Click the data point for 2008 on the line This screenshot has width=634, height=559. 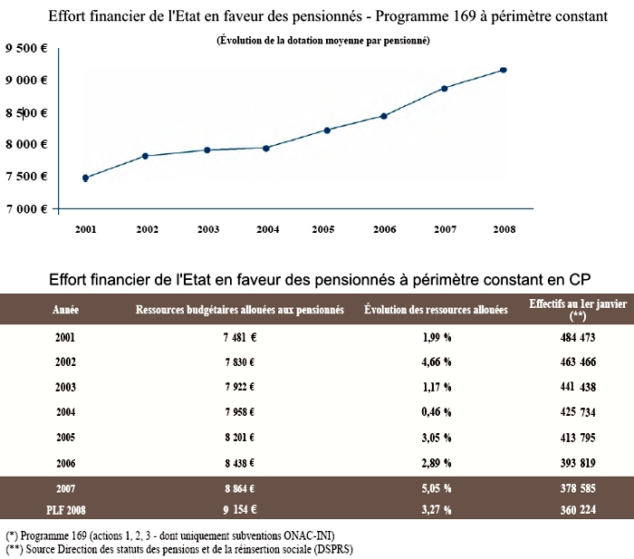point(504,70)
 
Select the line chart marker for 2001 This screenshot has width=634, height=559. point(85,178)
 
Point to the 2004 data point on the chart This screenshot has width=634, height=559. point(266,149)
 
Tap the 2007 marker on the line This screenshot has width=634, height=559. point(445,89)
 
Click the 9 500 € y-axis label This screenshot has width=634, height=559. point(26,48)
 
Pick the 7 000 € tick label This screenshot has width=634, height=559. point(26,208)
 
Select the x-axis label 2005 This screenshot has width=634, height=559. point(323,229)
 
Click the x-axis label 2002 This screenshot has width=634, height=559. point(147,229)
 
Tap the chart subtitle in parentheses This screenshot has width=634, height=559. point(323,41)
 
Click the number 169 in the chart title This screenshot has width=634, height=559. point(465,16)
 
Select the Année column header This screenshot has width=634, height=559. point(65,310)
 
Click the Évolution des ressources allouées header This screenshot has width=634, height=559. point(436,310)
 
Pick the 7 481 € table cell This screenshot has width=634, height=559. point(240,337)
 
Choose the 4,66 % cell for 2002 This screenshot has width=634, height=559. point(437,362)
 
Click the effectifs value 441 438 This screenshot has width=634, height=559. point(578,387)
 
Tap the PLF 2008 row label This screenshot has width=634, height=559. point(66,510)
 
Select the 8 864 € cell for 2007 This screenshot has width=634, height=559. point(240,488)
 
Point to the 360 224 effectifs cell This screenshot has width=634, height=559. point(578,510)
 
